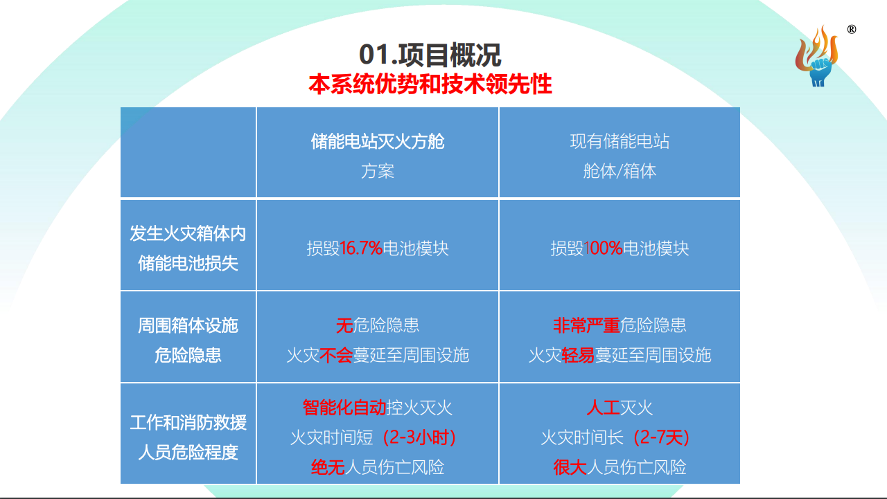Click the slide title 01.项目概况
pos(430,55)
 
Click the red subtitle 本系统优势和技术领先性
pos(430,84)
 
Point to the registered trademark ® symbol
pos(852,29)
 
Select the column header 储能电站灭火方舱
pos(378,142)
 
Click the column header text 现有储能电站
pos(620,142)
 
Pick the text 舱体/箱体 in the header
pos(620,171)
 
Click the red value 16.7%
pos(361,248)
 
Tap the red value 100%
pos(604,248)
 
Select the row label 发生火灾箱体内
pos(188,233)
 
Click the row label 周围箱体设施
pos(188,325)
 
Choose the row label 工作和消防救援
pos(188,422)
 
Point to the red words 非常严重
pos(586,325)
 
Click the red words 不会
pos(336,356)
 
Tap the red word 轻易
pos(578,356)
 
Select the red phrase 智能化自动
pos(344,408)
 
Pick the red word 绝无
pos(328,467)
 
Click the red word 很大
pos(570,467)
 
